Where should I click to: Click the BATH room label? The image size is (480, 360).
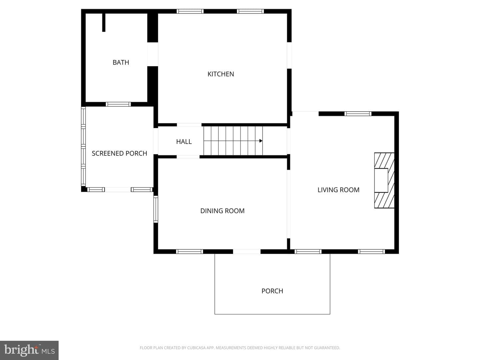121,63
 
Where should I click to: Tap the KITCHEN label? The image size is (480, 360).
221,74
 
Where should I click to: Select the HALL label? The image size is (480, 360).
184,142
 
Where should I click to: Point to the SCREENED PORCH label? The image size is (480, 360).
119,153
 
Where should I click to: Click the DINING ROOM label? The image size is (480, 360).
222,211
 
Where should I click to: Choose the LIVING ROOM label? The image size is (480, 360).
338,190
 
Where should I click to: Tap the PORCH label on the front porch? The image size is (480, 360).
272,291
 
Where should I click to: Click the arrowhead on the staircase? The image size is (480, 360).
261,141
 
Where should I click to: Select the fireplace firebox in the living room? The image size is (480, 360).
381,180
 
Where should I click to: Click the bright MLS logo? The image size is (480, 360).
29,350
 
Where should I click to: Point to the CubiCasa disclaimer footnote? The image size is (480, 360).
240,348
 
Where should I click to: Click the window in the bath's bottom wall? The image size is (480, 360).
118,104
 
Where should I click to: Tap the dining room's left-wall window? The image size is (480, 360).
156,209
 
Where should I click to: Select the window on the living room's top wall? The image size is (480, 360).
358,114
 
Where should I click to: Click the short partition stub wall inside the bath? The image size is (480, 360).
104,23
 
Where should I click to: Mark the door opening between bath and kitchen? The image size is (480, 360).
153,54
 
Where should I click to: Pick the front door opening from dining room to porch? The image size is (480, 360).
247,252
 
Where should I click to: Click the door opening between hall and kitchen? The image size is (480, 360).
189,125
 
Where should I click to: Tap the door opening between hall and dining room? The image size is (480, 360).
188,157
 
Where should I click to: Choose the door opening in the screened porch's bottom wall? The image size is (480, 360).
118,190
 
